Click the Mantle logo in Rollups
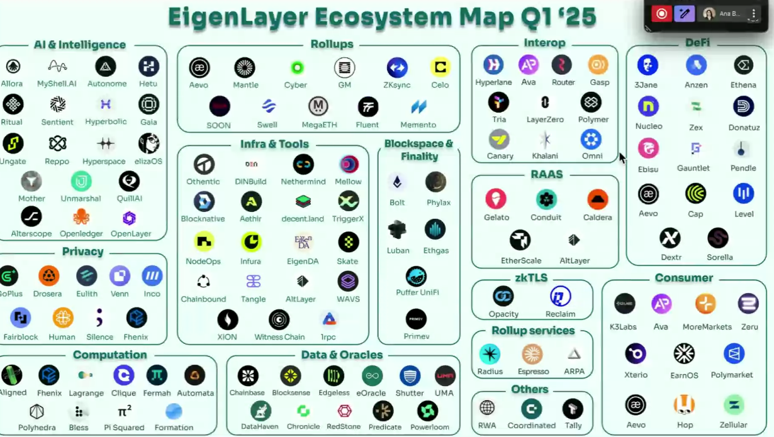[245, 67]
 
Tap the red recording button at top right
[661, 14]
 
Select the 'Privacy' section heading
[82, 252]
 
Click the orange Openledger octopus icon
[81, 217]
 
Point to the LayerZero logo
[545, 102]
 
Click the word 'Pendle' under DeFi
[743, 168]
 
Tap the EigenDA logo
[303, 241]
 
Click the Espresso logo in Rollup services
[532, 354]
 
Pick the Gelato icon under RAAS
[496, 199]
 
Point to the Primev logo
[416, 319]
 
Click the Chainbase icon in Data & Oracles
[247, 376]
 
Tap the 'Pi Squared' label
[124, 428]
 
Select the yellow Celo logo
[440, 67]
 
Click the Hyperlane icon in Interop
[493, 64]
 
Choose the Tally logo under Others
[573, 408]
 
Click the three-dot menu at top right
[754, 14]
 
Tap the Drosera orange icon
[48, 275]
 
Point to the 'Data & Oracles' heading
[342, 355]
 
